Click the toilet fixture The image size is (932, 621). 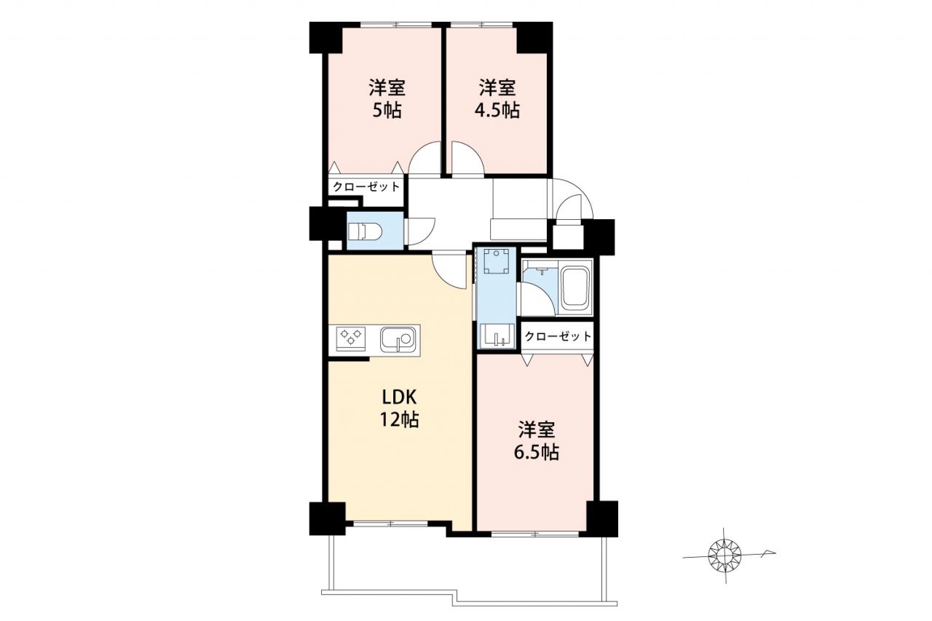pos(364,232)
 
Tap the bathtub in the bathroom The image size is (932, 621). pos(575,287)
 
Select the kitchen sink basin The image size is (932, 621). pos(398,340)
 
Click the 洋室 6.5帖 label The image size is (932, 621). pos(537,440)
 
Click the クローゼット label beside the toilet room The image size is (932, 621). pos(366,187)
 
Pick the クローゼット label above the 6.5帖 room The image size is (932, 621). pos(558,336)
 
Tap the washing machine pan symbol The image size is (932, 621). pos(497,261)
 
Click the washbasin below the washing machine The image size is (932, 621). pos(497,335)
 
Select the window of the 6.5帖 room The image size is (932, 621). pos(534,533)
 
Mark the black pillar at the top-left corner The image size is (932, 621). pos(325,37)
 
